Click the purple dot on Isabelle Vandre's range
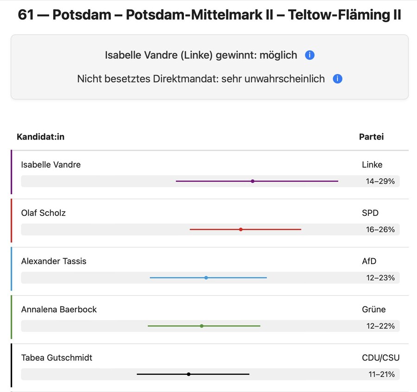tap(253, 181)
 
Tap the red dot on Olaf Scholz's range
tap(241, 229)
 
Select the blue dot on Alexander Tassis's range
tap(206, 278)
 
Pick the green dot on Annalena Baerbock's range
tap(202, 326)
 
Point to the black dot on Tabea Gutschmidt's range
tap(189, 374)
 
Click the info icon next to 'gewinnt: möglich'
tap(310, 55)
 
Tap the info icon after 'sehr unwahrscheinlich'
tap(337, 79)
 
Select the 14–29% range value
tap(380, 181)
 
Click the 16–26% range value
tap(380, 229)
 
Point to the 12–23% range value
tap(380, 278)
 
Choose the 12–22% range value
tap(380, 326)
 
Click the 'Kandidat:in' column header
tap(41, 137)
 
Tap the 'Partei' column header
tap(371, 137)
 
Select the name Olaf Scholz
tap(44, 213)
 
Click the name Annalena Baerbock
tap(59, 309)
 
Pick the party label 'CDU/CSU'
tap(380, 357)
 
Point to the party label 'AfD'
tap(369, 261)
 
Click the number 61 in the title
tap(26, 15)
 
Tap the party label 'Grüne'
tap(373, 309)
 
